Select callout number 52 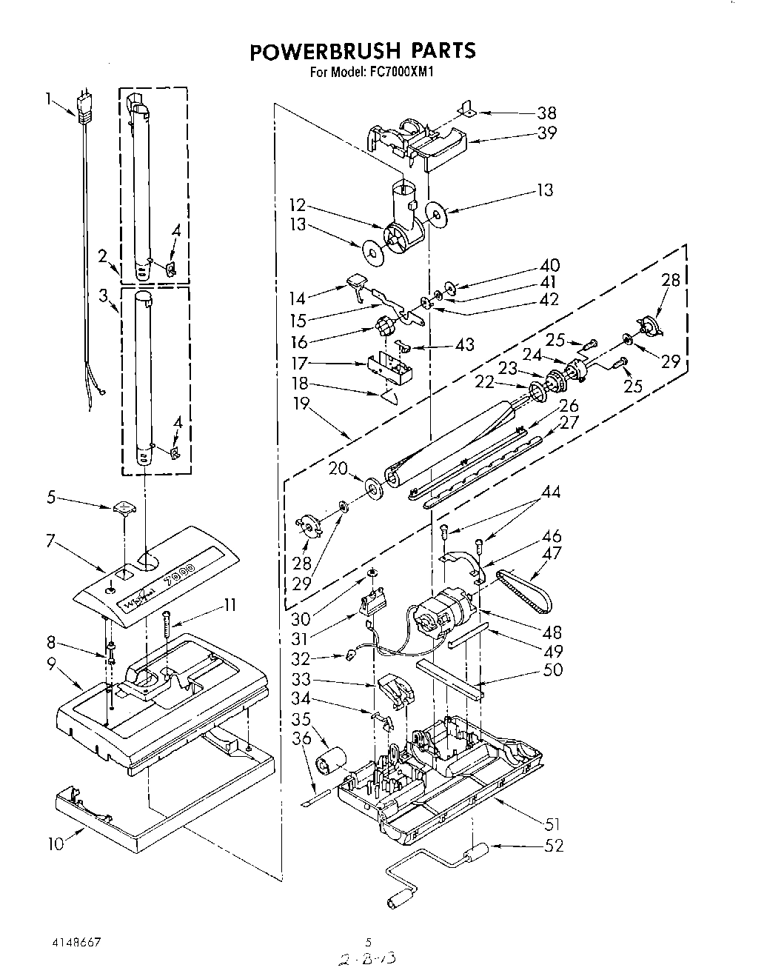click(553, 845)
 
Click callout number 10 click(56, 843)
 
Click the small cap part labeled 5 click(124, 508)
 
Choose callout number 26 click(569, 406)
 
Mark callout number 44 click(551, 492)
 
